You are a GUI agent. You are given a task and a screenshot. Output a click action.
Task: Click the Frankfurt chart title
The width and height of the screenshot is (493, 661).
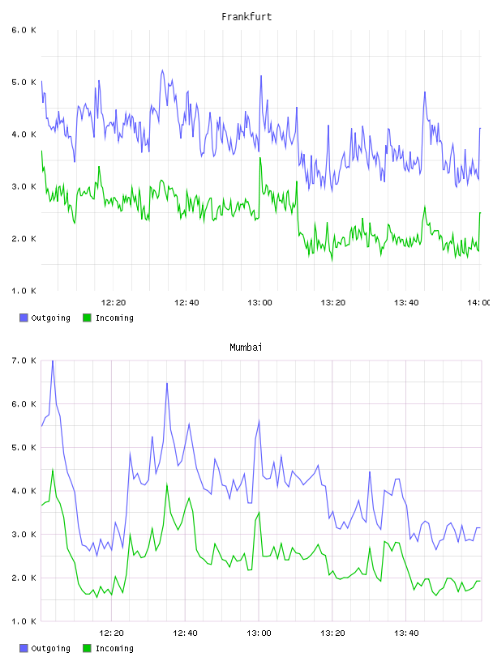246,17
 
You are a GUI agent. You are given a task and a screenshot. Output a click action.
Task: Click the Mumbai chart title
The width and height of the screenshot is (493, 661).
246,348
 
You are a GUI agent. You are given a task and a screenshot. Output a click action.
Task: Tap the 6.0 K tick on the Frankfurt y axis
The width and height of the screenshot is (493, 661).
24,30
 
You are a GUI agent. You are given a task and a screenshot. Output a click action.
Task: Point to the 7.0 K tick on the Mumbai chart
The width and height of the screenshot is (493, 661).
24,360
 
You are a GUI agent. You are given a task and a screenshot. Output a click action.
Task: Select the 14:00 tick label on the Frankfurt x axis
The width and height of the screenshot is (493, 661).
478,302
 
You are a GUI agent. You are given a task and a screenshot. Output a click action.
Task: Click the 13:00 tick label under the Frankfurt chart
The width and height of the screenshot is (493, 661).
259,302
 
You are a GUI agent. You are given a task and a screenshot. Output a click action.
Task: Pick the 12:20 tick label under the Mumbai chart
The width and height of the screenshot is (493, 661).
111,633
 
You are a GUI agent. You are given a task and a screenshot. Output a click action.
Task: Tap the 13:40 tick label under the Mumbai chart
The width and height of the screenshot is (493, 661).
406,633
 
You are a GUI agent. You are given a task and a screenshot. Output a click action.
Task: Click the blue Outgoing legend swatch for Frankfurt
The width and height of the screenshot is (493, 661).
24,318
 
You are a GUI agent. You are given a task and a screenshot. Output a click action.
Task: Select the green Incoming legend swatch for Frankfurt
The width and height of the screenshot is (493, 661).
87,318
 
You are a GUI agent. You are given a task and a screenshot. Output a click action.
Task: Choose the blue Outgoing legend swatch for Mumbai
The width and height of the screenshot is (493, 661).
24,648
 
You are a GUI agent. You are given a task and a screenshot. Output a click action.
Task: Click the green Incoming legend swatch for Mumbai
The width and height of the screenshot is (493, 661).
87,648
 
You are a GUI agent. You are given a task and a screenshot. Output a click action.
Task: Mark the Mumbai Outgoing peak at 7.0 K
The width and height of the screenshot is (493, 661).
53,360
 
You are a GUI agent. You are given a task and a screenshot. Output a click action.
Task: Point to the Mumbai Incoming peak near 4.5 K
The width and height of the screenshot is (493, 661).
53,469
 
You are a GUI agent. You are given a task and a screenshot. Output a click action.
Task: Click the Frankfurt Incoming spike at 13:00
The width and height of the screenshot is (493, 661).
260,158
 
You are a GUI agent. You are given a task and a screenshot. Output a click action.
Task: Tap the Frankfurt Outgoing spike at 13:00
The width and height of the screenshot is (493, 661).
261,76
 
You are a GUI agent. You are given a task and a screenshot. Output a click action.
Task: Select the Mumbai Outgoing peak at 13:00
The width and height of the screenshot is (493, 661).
259,420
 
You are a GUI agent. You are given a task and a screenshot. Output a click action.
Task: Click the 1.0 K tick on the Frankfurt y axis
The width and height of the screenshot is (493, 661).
24,291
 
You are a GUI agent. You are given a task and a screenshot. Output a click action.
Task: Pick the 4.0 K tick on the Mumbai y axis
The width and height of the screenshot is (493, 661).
24,491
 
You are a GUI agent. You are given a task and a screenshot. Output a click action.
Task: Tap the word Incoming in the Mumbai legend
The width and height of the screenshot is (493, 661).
114,648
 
